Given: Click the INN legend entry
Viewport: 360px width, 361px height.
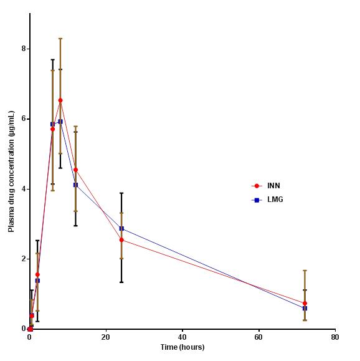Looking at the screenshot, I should [x=273, y=186].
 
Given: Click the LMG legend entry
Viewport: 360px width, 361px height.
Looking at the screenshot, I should [x=275, y=200].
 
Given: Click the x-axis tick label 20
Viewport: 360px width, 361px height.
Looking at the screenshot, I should [x=106, y=337].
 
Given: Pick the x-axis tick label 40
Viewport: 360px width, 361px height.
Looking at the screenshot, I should [x=182, y=337].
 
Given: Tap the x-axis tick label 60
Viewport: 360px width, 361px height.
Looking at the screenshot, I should [x=258, y=337].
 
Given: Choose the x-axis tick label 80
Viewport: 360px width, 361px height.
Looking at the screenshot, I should [x=335, y=337].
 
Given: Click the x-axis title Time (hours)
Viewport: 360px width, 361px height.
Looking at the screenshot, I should [x=182, y=347].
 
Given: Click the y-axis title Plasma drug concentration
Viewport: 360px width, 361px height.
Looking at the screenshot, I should [x=11, y=171].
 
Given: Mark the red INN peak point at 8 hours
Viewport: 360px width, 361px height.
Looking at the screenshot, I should [x=60, y=100].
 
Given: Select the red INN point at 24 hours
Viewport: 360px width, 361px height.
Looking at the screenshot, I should [x=121, y=239].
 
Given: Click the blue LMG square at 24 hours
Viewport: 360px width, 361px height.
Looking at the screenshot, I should [x=121, y=228].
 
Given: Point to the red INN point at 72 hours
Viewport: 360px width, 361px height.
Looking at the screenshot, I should [x=305, y=303].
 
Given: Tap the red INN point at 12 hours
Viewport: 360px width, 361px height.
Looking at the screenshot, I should [x=75, y=170].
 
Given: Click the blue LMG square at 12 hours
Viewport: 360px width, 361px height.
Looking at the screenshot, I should [x=75, y=185].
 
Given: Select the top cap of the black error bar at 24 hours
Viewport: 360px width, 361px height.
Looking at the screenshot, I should [x=121, y=193].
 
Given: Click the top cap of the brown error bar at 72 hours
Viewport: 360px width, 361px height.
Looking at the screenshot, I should [x=305, y=271].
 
